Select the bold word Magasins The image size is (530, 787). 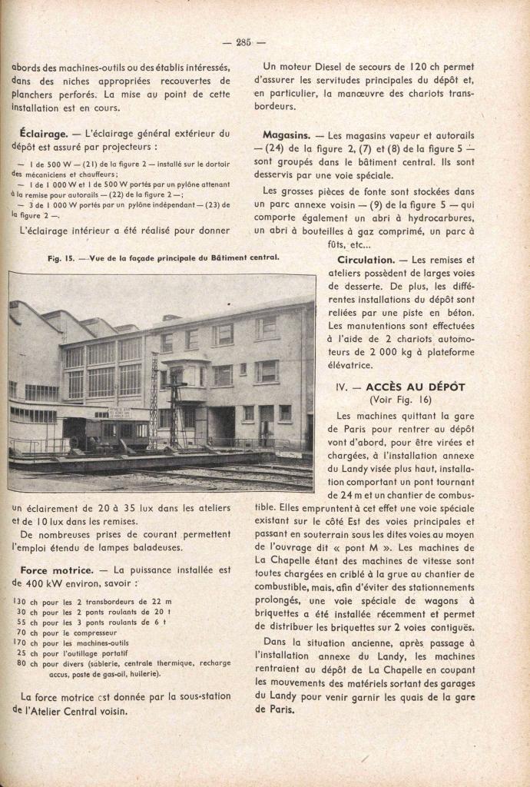[285, 133]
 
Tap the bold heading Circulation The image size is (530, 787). [366, 260]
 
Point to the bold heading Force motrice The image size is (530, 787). [56, 569]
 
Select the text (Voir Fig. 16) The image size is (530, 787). [400, 400]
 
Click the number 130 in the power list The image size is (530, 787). [20, 601]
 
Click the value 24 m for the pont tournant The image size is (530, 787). [344, 493]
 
